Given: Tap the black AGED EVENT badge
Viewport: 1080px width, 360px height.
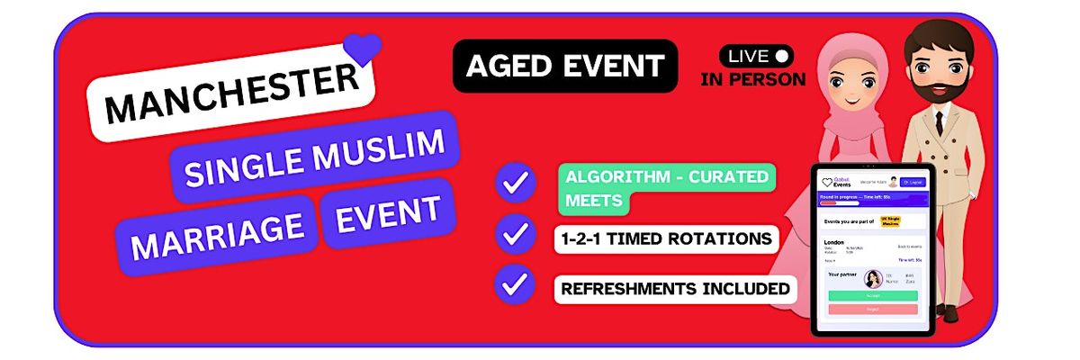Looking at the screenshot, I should pyautogui.click(x=564, y=66).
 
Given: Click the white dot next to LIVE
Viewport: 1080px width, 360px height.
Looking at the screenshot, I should pyautogui.click(x=782, y=56).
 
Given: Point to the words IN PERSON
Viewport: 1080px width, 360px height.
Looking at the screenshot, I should pyautogui.click(x=752, y=79).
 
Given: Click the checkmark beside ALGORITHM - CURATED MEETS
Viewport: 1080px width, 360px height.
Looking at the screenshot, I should pyautogui.click(x=516, y=183).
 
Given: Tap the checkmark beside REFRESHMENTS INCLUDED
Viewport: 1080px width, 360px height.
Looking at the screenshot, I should pyautogui.click(x=516, y=284).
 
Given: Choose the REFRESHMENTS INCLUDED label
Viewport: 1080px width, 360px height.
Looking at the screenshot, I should pyautogui.click(x=675, y=289).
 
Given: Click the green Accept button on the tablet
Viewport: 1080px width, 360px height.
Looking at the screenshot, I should pyautogui.click(x=871, y=295).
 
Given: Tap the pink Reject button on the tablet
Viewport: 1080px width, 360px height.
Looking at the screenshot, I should pyautogui.click(x=871, y=309).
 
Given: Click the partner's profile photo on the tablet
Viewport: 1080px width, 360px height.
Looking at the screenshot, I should pyautogui.click(x=872, y=278).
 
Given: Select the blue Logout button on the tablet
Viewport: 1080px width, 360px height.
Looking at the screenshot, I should pyautogui.click(x=913, y=182).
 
